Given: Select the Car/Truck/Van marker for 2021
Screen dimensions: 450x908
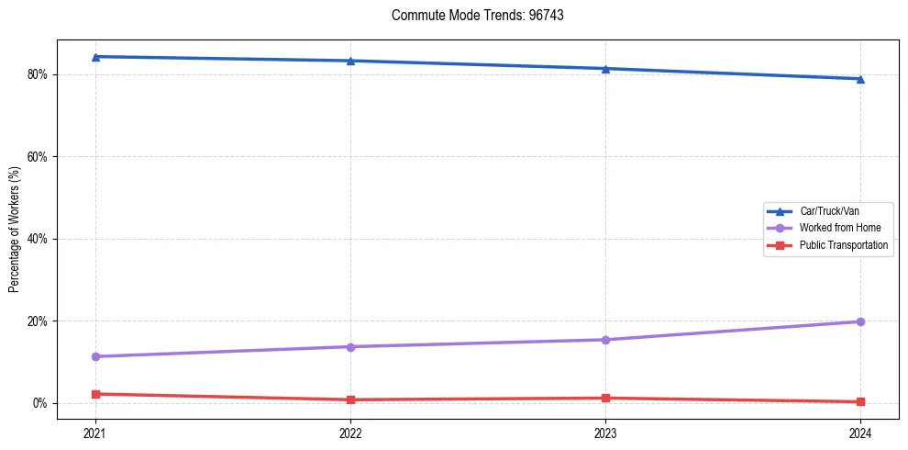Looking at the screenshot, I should (95, 57).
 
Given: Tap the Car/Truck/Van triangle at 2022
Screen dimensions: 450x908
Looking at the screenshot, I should (350, 61).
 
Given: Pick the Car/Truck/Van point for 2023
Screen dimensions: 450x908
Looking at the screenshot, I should (605, 69).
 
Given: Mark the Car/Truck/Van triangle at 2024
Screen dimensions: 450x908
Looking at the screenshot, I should (860, 79).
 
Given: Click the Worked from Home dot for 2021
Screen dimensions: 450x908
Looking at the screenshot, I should (95, 356).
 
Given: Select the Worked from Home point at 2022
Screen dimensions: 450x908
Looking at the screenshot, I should (350, 346).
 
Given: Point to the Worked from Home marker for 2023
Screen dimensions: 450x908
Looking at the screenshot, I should (605, 340).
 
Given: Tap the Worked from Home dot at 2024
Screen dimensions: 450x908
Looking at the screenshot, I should (860, 321).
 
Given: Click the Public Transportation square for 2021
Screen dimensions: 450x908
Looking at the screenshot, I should (95, 394).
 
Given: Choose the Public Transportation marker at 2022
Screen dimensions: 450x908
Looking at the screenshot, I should (350, 399).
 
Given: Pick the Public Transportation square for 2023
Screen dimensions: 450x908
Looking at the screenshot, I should (605, 398).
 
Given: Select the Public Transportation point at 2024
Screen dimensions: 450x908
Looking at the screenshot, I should (860, 401).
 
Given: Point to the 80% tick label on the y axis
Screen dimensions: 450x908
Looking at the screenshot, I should (37, 74).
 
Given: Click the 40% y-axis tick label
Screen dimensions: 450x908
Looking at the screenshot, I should (37, 239).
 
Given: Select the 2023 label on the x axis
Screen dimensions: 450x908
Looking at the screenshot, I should (605, 432).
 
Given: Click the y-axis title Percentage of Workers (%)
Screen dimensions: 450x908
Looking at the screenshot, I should (15, 229).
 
